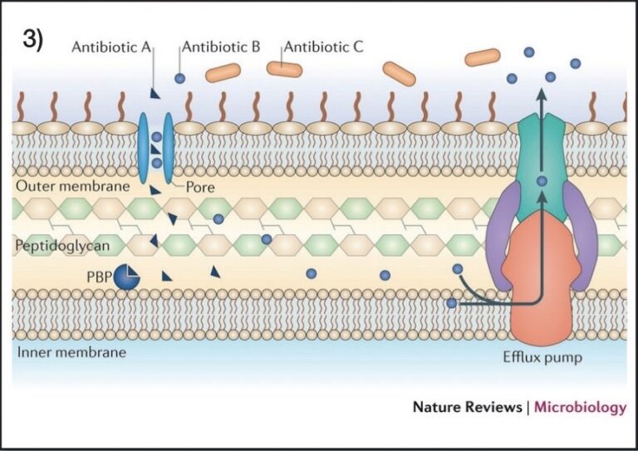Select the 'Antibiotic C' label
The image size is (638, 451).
click(325, 47)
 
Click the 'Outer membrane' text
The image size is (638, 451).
click(73, 186)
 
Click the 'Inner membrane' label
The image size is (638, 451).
click(71, 351)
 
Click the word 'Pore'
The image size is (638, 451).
click(200, 187)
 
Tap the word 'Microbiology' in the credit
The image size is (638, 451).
click(580, 407)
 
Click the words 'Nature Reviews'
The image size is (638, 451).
click(467, 407)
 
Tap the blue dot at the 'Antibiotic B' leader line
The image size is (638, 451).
click(179, 78)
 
